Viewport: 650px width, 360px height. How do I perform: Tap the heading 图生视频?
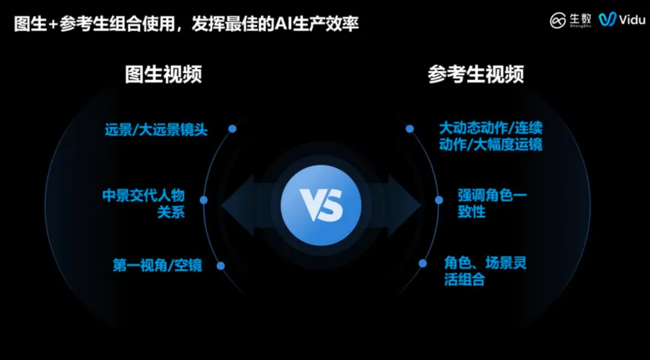pyautogui.click(x=163, y=74)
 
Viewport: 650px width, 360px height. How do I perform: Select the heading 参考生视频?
pyautogui.click(x=475, y=74)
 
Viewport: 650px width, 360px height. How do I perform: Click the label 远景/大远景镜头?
pyautogui.click(x=156, y=129)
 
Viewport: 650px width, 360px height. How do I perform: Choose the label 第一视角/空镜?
pyautogui.click(x=157, y=265)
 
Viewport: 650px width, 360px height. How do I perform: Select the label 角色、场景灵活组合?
pyautogui.click(x=484, y=272)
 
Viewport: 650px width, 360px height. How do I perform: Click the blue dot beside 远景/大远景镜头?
pyautogui.click(x=232, y=128)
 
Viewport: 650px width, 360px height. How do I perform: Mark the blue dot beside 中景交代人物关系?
pyautogui.click(x=203, y=200)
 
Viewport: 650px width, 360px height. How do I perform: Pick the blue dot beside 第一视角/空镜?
pyautogui.click(x=221, y=265)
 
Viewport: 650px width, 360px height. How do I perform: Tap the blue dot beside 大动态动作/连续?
pyautogui.click(x=410, y=128)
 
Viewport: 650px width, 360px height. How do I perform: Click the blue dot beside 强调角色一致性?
pyautogui.click(x=439, y=200)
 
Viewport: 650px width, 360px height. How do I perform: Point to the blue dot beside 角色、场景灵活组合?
pyautogui.click(x=422, y=265)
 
